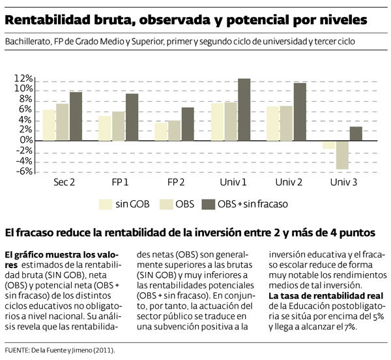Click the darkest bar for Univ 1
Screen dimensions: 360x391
click(244, 110)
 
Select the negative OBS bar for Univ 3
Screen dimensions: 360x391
click(342, 155)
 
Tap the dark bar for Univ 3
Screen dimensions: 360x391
click(356, 133)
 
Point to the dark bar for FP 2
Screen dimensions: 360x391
click(188, 124)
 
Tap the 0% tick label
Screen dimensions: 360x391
click(27, 140)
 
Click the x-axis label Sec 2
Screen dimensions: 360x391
click(63, 182)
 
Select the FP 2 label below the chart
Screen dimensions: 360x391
click(176, 182)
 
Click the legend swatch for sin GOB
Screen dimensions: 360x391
click(105, 203)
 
